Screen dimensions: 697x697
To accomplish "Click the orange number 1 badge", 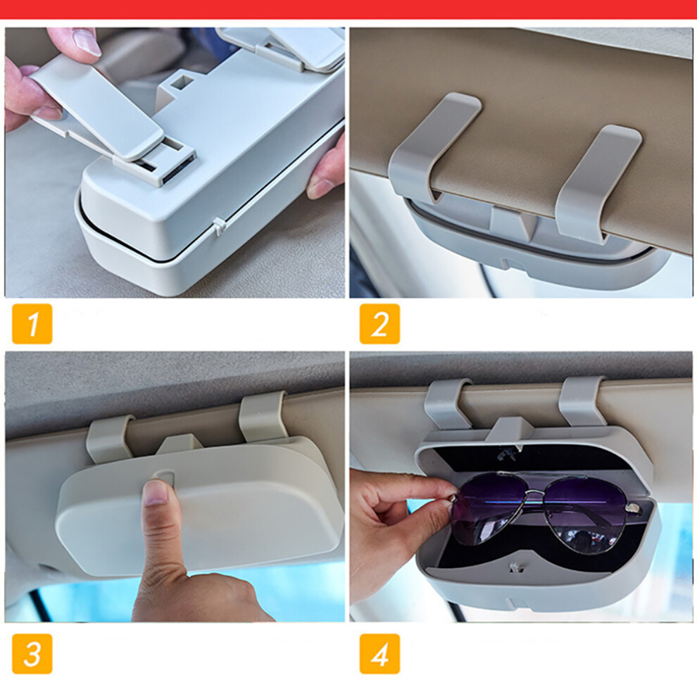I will [x=32, y=324].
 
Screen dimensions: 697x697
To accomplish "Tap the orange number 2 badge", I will [x=379, y=324].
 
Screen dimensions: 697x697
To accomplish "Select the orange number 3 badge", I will [x=32, y=653].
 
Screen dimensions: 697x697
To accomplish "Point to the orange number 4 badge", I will [x=379, y=653].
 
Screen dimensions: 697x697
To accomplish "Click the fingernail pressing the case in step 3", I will [x=156, y=492].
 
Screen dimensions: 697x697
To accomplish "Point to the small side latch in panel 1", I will [x=219, y=227].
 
